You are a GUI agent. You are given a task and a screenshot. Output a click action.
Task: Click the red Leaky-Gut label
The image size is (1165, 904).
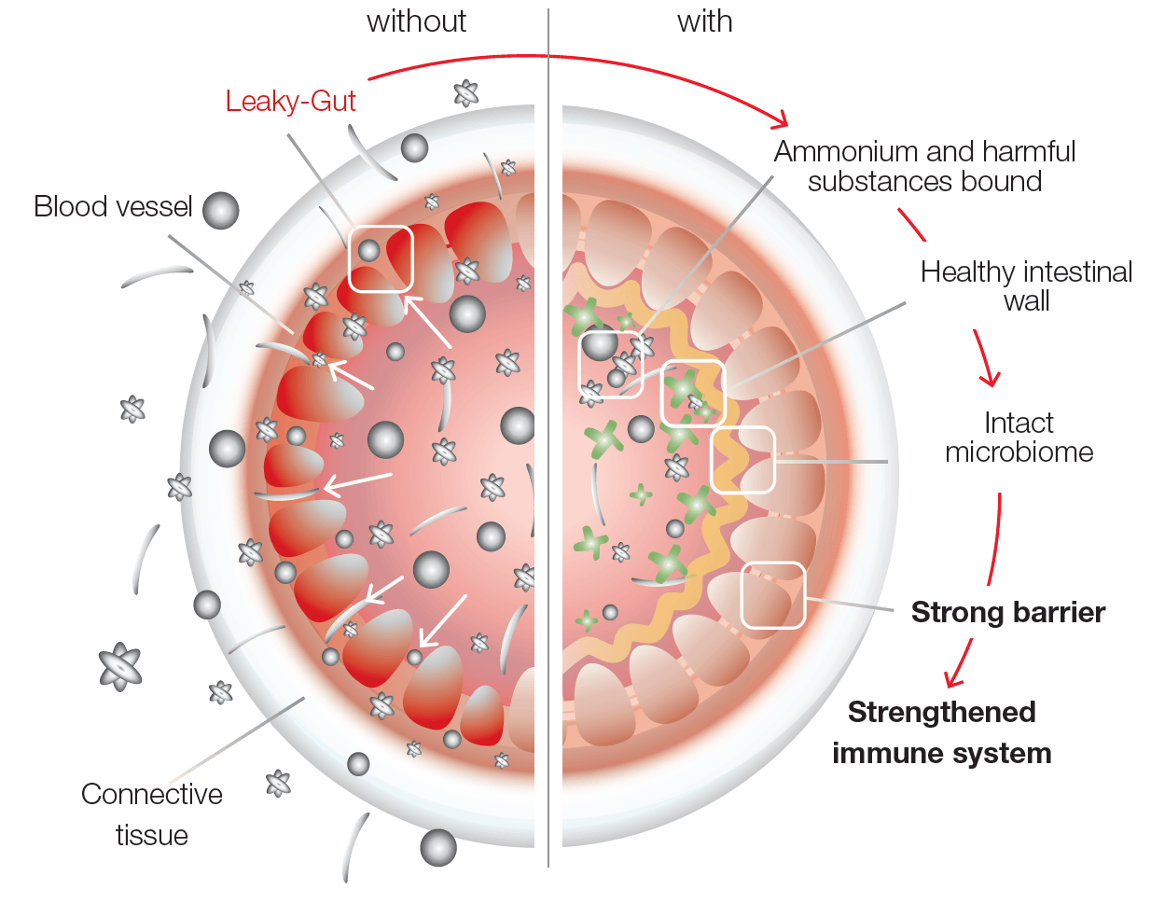coord(290,102)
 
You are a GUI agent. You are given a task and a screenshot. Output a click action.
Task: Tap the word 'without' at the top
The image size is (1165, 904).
coord(416,21)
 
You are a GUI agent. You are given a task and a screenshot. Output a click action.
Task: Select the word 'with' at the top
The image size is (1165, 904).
coord(704,21)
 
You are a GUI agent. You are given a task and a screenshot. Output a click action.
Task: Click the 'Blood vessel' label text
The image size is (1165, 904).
coord(113,206)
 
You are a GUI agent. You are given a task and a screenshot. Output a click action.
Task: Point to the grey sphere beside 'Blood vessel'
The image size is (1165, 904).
coord(220,210)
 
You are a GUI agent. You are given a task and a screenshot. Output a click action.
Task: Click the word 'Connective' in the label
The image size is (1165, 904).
coord(152,794)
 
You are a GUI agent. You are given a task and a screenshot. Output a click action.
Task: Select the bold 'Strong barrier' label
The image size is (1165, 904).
coord(1008,612)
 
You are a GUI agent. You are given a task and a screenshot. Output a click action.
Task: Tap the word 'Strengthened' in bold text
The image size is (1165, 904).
coord(941,713)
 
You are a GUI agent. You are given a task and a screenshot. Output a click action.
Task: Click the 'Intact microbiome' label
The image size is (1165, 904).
coord(1019,438)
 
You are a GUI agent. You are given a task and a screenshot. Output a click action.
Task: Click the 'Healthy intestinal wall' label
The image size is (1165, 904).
coord(1026,286)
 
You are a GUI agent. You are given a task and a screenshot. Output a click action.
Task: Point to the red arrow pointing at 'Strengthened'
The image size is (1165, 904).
coord(959,664)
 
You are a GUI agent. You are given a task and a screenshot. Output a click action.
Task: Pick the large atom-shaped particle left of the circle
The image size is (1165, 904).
coord(120,666)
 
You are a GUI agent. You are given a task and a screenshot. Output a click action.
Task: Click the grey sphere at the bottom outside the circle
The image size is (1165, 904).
coord(438,848)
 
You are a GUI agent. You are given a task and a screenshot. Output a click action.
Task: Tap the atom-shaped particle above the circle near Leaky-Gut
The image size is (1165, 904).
coord(465,93)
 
